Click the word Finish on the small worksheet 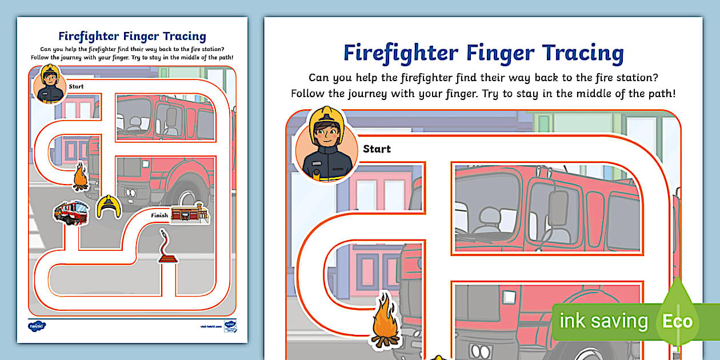(x=159, y=215)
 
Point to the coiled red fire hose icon (x=166, y=247)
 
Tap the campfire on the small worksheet (x=81, y=177)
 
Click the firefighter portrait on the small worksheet (x=50, y=84)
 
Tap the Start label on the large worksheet (x=377, y=149)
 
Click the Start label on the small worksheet (x=76, y=87)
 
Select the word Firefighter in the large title (x=401, y=53)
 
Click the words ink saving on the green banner (x=603, y=321)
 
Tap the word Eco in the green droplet (x=677, y=321)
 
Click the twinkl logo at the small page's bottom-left (x=37, y=326)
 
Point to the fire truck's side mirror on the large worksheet (x=558, y=209)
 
